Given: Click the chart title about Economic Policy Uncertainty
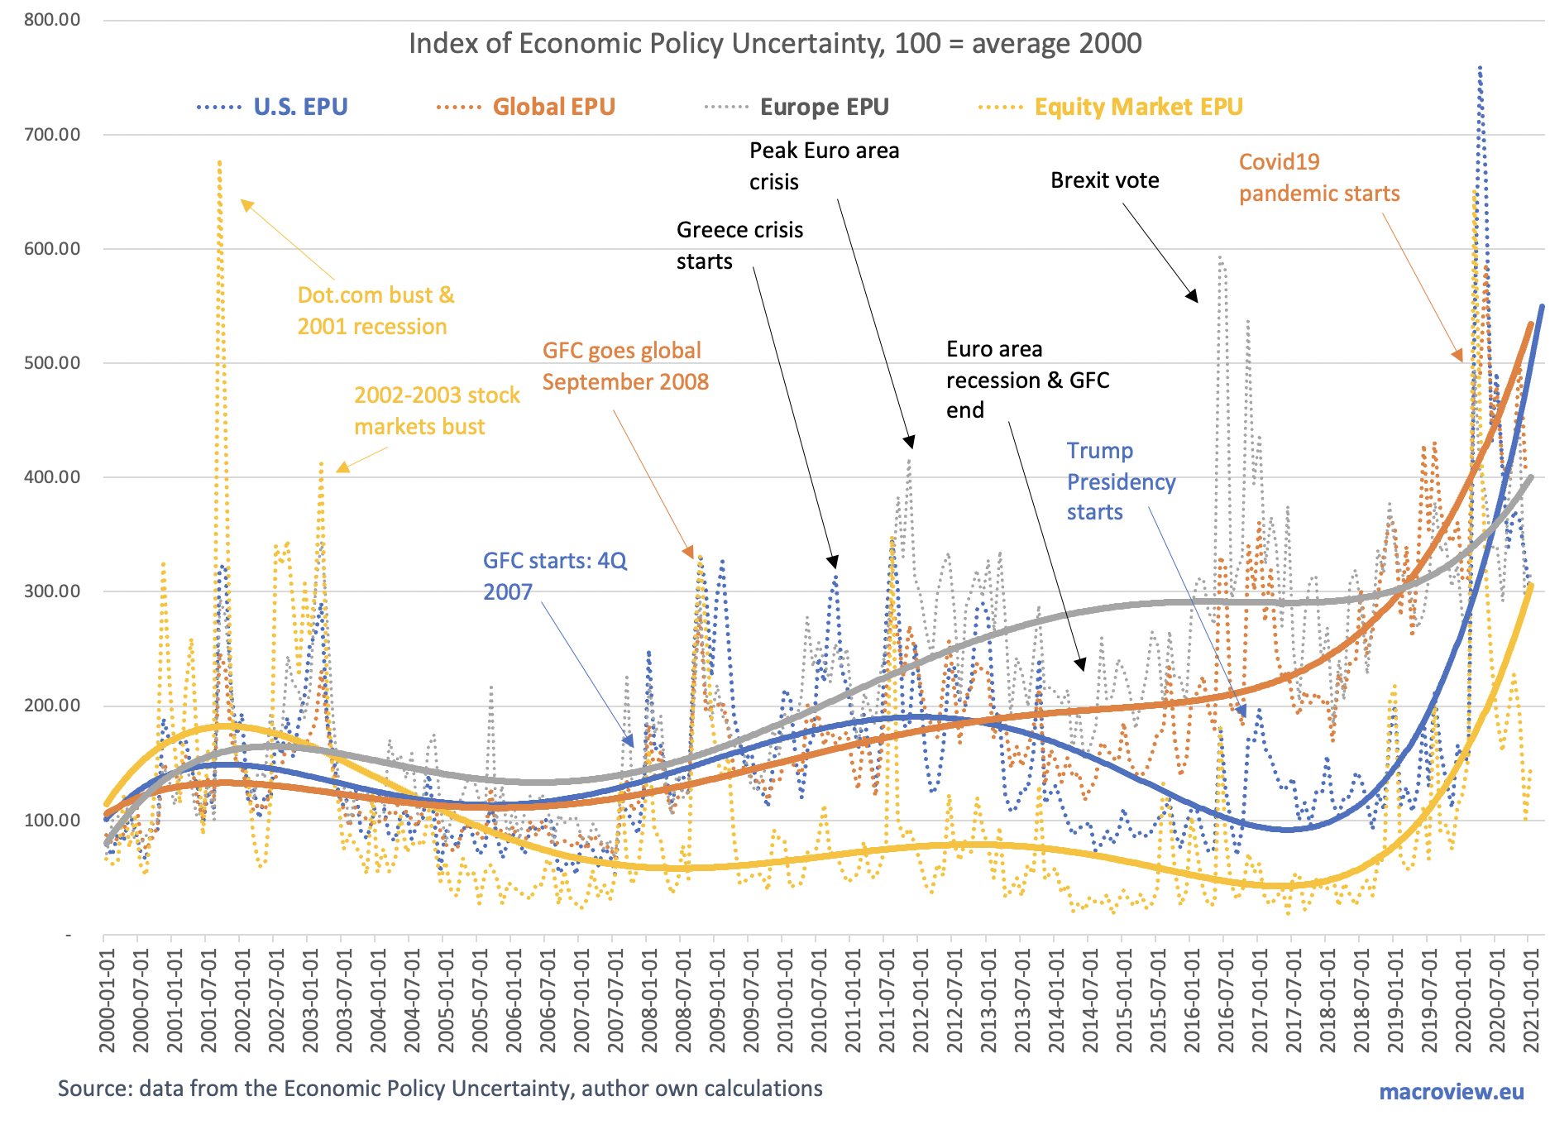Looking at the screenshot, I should (x=775, y=43).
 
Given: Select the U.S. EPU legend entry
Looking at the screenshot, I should (x=299, y=107).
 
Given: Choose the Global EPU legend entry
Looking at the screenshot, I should (x=553, y=107).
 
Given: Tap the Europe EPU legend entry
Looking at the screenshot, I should (x=824, y=107).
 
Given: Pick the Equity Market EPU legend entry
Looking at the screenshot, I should (x=1138, y=107).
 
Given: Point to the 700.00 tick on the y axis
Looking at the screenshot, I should (x=52, y=134).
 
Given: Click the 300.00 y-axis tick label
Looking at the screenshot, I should (x=52, y=591).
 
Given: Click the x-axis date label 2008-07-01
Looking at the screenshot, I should (x=683, y=1001).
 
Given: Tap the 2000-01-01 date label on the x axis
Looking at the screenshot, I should (x=107, y=1001).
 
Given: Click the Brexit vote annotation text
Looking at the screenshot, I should (x=1104, y=180).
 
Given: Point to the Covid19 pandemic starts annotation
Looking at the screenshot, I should (x=1318, y=178).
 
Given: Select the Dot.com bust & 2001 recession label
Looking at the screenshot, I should (x=376, y=311).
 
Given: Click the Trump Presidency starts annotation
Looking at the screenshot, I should (x=1120, y=481).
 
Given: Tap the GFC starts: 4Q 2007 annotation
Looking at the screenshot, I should (x=554, y=576).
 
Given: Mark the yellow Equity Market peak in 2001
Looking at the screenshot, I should (x=219, y=163).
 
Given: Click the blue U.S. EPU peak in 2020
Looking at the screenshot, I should (x=1480, y=69).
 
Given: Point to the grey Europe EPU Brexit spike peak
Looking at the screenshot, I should (x=1222, y=258).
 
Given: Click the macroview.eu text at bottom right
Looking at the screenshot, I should (x=1451, y=1092).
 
